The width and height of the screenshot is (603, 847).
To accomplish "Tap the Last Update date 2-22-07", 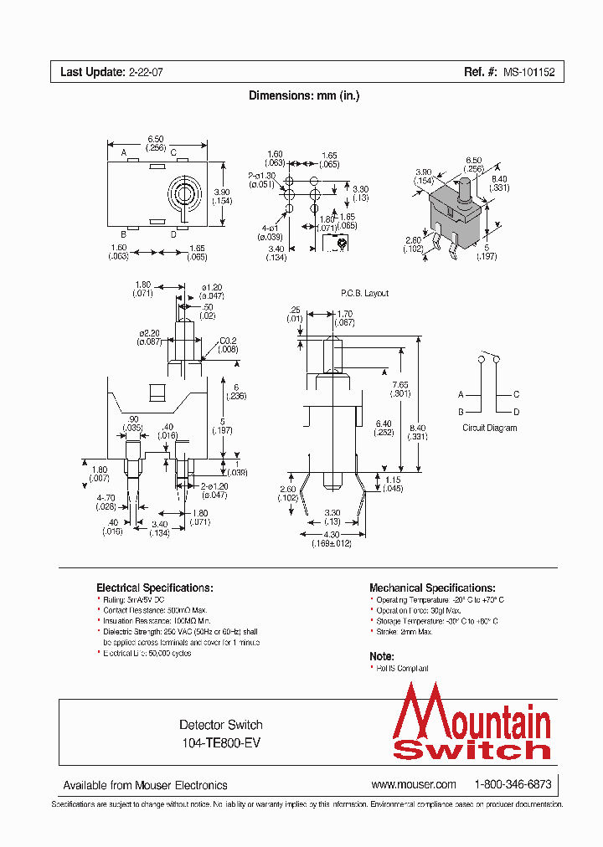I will tap(146, 73).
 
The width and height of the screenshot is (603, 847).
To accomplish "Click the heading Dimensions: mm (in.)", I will tap(304, 95).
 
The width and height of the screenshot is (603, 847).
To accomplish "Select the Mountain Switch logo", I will tap(472, 722).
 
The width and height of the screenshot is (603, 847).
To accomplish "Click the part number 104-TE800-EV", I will tap(221, 742).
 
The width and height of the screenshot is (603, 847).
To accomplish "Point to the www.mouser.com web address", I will tap(414, 784).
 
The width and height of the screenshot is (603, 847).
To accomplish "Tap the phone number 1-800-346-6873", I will tap(513, 784).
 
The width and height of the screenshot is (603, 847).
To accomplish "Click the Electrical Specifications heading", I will tap(154, 588).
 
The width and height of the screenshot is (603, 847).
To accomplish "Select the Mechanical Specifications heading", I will tap(432, 588).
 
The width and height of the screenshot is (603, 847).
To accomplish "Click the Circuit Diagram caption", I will tap(490, 428).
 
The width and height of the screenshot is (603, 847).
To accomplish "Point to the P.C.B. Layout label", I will tap(364, 294).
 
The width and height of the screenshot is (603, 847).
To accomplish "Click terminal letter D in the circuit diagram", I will tap(516, 412).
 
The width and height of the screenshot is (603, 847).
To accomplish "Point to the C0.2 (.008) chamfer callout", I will tap(229, 345).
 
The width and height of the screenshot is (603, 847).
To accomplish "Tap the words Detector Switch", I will tap(221, 725).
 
